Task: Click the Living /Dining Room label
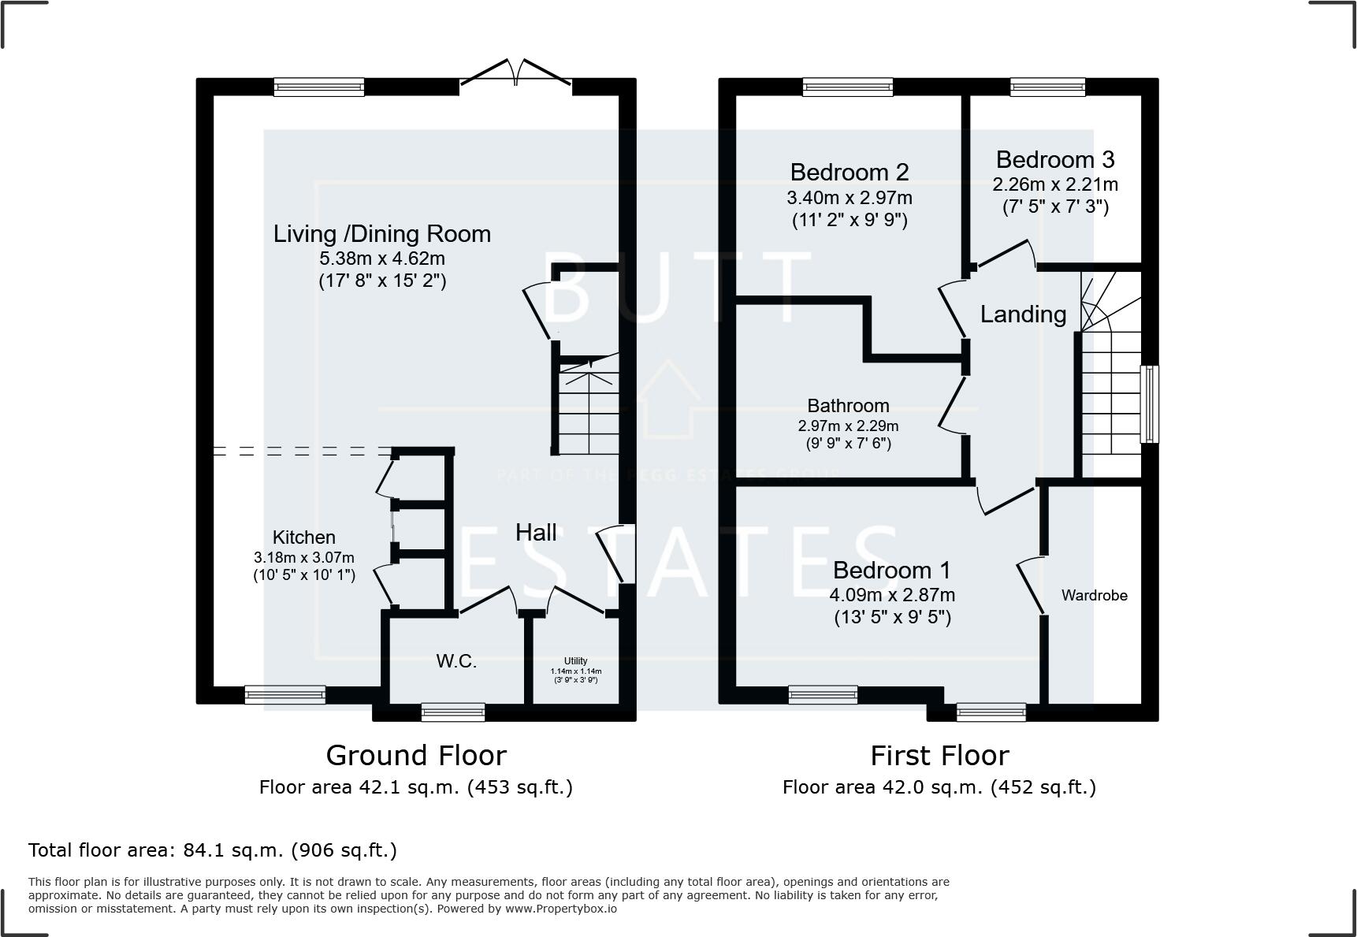(381, 234)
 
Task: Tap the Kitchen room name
(303, 537)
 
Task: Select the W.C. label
(456, 661)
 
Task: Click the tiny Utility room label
(575, 661)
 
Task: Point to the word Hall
(536, 533)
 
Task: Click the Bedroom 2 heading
(849, 172)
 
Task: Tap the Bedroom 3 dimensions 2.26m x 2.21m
(1054, 184)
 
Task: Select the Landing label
(1023, 314)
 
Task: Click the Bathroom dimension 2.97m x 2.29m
(848, 426)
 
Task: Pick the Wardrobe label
(1094, 596)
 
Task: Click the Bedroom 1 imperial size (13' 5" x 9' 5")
(892, 617)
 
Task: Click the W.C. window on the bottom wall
(453, 712)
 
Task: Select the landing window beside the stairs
(1150, 403)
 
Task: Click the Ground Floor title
(416, 756)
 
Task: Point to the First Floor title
(939, 756)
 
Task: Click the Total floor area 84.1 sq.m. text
(213, 850)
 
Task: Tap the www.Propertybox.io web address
(560, 909)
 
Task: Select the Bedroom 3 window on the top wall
(1047, 87)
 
